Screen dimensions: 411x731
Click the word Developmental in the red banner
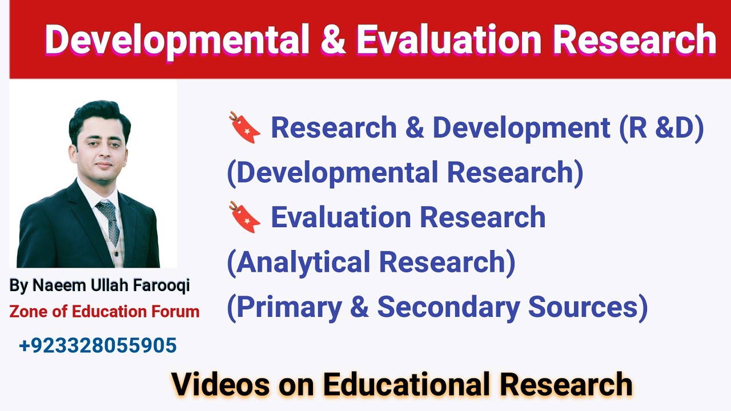click(175, 40)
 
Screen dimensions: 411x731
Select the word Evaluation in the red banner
click(448, 40)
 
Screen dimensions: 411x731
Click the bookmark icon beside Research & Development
click(244, 128)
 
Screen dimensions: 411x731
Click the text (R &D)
click(661, 128)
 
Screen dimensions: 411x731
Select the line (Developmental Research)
click(405, 173)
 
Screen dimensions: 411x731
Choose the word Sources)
click(588, 307)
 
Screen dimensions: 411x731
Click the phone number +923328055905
click(98, 346)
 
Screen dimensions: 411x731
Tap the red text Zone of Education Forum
click(105, 312)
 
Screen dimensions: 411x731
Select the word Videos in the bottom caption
click(220, 384)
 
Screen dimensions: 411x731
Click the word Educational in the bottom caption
click(405, 384)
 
